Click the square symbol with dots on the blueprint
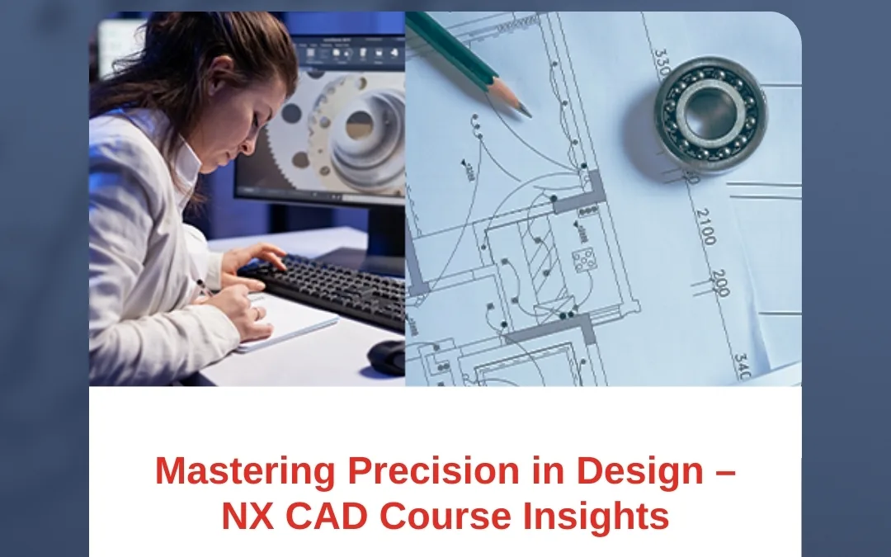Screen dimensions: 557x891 [583, 262]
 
